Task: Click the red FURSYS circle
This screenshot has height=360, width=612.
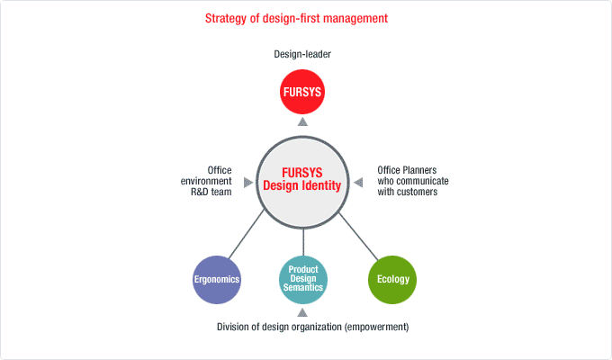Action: click(302, 92)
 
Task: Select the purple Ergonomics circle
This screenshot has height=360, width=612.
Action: click(217, 280)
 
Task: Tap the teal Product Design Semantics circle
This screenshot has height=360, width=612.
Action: click(303, 280)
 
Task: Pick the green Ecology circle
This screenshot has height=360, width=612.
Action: click(392, 280)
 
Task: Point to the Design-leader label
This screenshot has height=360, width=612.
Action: click(302, 54)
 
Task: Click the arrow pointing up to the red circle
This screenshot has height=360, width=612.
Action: click(302, 121)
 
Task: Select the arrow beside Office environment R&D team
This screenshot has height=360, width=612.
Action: click(248, 183)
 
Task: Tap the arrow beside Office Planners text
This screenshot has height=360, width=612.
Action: click(358, 183)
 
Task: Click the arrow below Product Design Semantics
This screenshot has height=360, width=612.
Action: click(302, 312)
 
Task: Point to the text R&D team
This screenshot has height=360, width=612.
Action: click(211, 192)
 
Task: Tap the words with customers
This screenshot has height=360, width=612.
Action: click(408, 192)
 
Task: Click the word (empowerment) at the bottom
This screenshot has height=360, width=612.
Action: click(376, 327)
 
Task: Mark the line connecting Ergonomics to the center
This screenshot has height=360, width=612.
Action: click(247, 234)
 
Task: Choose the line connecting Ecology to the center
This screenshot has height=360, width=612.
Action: click(358, 237)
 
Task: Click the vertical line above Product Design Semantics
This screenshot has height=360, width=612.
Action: click(303, 242)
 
